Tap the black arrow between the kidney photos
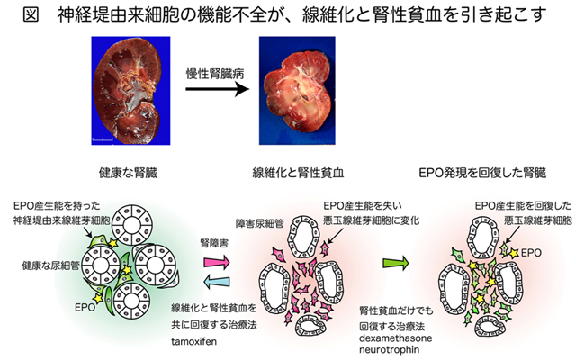click(x=212, y=90)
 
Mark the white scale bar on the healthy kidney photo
click(x=101, y=139)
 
